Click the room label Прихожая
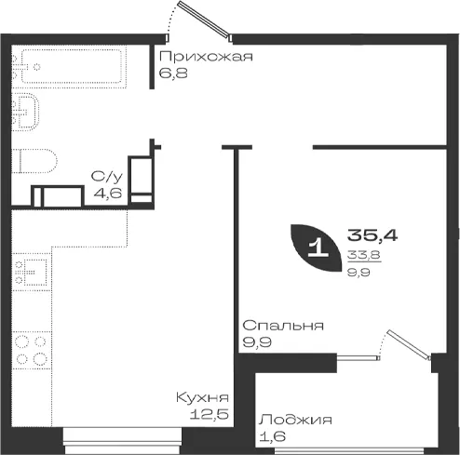coord(206,57)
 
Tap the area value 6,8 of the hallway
coord(173,74)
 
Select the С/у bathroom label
coord(107,177)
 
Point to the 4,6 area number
coord(108,194)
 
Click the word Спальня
coord(283,326)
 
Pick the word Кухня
coord(202,397)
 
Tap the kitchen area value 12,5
coord(210,414)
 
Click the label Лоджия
coord(296,420)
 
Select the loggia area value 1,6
coord(272,436)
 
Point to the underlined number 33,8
coord(364,255)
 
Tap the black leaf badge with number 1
coord(316,248)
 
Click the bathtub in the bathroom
coord(72,66)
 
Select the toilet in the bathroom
coord(34,161)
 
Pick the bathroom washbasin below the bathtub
coord(25,112)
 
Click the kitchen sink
coord(32,273)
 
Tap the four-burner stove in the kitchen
coord(32,350)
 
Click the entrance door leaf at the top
coord(204,20)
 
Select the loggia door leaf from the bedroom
coord(408,345)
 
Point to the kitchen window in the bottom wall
coord(123,440)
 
